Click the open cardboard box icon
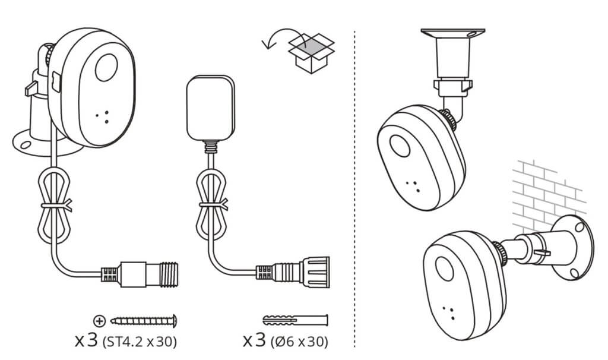pos(311,53)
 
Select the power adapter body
pos(211,108)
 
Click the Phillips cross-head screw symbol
pos(100,321)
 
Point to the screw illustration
pos(144,321)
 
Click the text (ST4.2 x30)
pos(140,342)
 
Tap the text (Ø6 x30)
pos(299,342)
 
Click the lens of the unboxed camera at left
pos(106,68)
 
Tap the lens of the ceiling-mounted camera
pos(400,146)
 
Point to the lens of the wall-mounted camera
pos(444,269)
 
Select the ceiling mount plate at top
pos(453,33)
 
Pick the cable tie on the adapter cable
pos(213,204)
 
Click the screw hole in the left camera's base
pos(26,145)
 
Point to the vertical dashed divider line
pos(354,189)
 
